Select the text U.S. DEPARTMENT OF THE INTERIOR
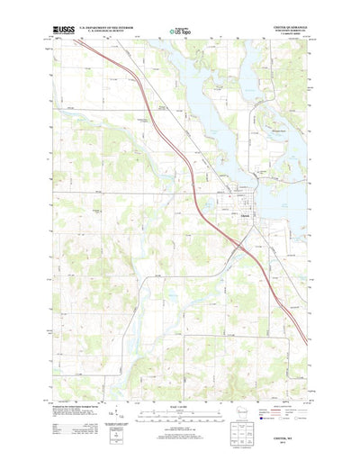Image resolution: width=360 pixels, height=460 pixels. click(109, 28)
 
